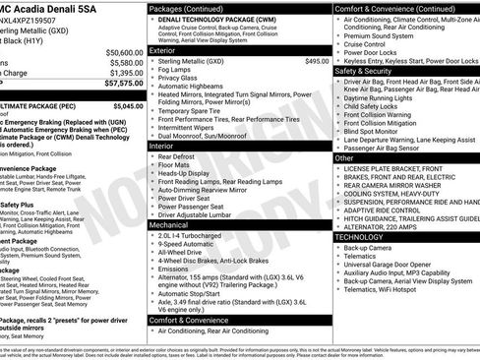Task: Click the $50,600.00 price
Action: [119, 52]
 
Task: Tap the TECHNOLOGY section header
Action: [366, 237]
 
